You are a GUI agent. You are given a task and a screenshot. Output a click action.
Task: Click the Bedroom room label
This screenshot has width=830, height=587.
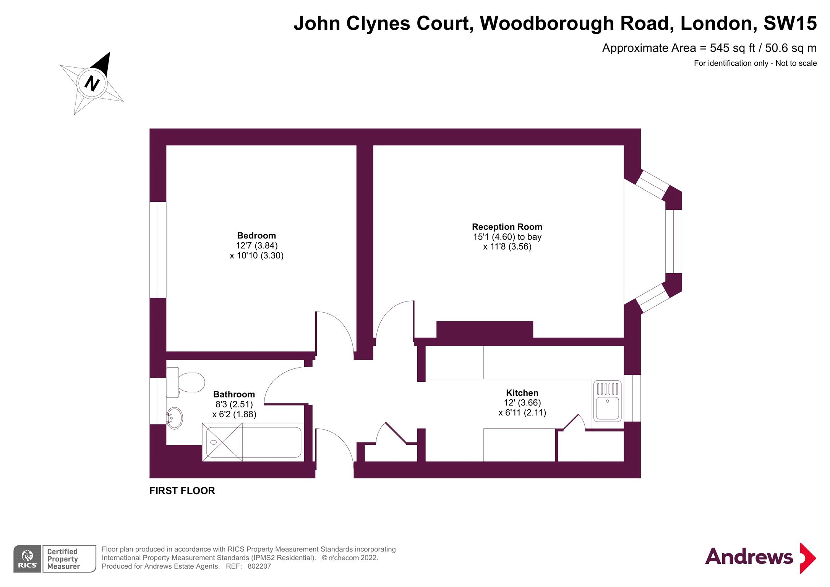click(256, 235)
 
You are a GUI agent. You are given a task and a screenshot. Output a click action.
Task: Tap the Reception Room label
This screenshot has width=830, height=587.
click(507, 227)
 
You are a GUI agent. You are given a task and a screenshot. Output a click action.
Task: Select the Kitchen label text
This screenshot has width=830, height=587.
click(522, 393)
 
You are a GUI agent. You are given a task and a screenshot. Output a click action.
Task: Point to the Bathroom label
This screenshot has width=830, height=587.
click(234, 394)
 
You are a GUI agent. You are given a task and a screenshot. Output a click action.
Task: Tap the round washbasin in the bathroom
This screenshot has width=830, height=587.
click(175, 418)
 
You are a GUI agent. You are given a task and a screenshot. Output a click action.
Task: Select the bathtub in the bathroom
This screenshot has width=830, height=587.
click(253, 442)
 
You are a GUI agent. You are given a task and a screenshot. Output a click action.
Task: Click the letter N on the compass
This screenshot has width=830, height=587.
click(92, 83)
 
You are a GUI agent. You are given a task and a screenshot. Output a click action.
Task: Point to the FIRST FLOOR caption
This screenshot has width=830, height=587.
click(182, 491)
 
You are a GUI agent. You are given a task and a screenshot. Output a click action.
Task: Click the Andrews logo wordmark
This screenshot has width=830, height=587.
click(749, 557)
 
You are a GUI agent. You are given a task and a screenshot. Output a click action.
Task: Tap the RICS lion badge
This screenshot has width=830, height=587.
click(27, 559)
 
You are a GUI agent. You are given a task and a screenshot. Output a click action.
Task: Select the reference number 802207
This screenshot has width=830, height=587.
click(259, 566)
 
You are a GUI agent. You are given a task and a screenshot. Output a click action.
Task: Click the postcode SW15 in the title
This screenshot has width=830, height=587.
click(790, 23)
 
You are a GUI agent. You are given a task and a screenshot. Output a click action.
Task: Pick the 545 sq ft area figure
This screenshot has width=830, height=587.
click(733, 48)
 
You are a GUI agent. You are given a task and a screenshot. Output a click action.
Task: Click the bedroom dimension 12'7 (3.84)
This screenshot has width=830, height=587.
click(256, 245)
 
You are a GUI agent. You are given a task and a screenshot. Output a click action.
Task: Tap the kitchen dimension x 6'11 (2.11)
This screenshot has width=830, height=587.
click(522, 413)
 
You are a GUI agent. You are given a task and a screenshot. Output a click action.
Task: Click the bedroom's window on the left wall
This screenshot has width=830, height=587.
click(158, 250)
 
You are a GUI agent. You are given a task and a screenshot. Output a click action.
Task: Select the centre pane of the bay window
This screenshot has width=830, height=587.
click(673, 242)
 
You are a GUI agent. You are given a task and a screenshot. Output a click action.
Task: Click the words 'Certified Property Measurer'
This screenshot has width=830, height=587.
click(63, 559)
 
